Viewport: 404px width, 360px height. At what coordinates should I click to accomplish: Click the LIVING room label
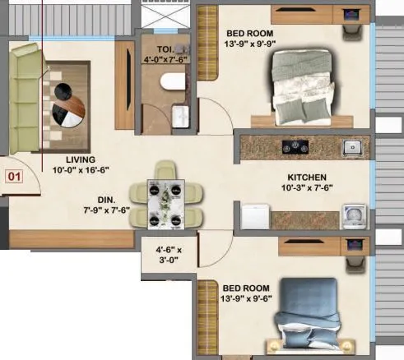pos(81,159)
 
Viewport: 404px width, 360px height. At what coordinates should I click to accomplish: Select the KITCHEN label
pos(307,177)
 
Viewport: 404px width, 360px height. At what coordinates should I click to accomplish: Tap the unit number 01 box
pos(14,176)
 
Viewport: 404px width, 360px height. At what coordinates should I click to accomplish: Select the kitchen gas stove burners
pos(293,148)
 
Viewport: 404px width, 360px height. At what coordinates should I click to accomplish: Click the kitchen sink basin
pos(353,148)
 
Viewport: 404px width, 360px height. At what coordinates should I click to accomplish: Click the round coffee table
pos(64,105)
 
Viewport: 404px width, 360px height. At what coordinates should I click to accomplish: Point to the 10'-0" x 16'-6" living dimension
pos(81,170)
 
